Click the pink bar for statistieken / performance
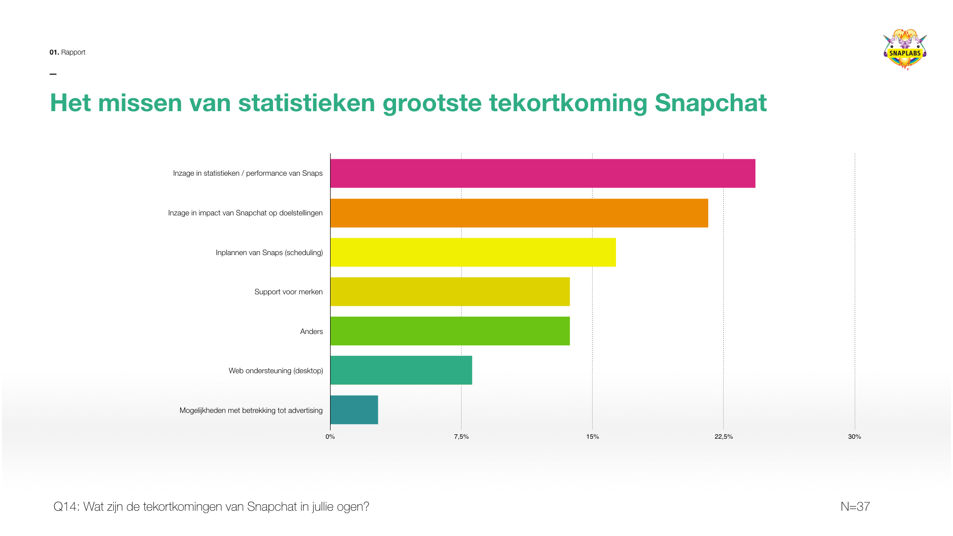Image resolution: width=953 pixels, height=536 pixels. [x=543, y=173]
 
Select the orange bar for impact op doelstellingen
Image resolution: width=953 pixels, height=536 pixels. [x=519, y=213]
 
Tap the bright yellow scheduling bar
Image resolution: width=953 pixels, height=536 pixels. [x=473, y=252]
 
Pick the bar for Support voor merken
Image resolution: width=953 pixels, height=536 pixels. [x=450, y=292]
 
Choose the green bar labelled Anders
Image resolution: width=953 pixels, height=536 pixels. [x=450, y=331]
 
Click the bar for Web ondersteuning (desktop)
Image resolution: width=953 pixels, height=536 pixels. [x=401, y=370]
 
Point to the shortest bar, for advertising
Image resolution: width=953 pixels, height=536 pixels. [x=354, y=410]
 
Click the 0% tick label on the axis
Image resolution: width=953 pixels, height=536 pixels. [x=330, y=437]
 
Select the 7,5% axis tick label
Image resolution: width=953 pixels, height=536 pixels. [x=461, y=437]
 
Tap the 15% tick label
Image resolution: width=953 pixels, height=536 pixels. [x=592, y=437]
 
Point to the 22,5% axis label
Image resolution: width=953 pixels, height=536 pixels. [x=723, y=437]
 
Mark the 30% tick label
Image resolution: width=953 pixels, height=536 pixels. [x=854, y=437]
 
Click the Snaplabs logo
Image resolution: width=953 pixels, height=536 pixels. [x=905, y=50]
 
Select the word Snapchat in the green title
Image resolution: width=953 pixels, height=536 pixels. [x=710, y=103]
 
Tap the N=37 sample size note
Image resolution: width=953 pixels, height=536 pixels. [x=855, y=507]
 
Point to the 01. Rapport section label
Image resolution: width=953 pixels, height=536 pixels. [x=68, y=52]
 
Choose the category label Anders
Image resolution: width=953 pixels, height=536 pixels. [x=311, y=332]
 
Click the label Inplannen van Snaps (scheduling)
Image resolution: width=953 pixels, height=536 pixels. [x=269, y=253]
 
